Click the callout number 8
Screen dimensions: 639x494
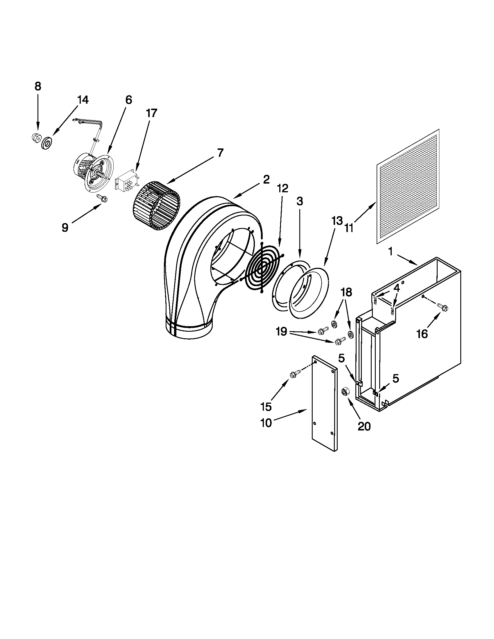click(x=38, y=87)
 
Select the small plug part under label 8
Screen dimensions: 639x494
click(x=35, y=137)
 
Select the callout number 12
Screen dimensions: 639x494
click(x=282, y=188)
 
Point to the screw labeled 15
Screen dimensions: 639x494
click(x=295, y=374)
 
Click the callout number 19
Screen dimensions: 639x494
click(x=281, y=332)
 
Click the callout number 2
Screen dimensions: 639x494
click(x=266, y=180)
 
